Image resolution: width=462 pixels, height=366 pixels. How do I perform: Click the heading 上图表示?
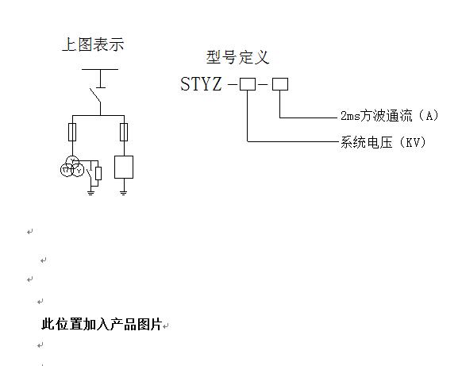coord(93,44)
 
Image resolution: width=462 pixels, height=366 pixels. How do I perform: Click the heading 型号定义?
coord(238,57)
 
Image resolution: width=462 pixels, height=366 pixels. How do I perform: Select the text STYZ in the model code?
coord(201,84)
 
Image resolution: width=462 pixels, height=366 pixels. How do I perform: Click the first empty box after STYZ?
coord(248,84)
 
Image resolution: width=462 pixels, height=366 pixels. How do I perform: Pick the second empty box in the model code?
coord(280,84)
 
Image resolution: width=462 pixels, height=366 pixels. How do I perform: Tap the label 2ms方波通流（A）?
coord(390,116)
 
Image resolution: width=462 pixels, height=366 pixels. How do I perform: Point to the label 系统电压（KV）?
coord(383,142)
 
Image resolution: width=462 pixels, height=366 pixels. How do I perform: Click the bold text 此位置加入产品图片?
coord(102,324)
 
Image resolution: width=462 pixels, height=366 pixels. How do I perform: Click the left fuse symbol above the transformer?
coord(72,132)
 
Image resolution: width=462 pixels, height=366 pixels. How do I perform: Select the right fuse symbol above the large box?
coord(124,132)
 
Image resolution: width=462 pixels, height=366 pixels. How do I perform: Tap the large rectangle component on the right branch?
coord(124,167)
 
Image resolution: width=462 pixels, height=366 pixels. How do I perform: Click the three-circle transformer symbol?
coord(72,167)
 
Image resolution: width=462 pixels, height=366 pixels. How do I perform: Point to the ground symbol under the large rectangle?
coord(124,193)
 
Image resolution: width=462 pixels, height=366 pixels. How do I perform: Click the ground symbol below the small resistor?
coord(90,193)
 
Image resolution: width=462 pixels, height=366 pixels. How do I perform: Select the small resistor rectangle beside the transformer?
coord(98,173)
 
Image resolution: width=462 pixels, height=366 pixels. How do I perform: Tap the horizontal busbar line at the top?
coord(100,70)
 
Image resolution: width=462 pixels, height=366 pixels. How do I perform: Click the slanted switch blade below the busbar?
coord(95,95)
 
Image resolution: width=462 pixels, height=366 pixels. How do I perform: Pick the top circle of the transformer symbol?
coord(72,162)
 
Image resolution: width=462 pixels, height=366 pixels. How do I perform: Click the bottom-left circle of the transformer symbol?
coord(67,171)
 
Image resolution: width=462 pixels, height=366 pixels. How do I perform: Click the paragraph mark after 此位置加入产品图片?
coord(166,326)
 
